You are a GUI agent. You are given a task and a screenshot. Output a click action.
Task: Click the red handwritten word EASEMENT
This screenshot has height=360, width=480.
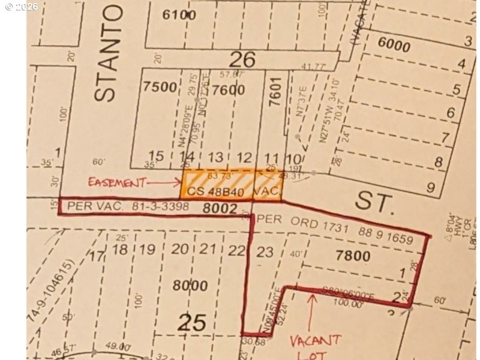[x=117, y=181]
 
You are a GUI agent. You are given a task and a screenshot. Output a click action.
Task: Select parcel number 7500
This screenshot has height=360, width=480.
[x=160, y=87]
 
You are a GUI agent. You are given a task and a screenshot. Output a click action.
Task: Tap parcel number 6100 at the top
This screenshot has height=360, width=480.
[x=179, y=15]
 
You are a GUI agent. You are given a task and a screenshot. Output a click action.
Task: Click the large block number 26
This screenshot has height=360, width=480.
[x=242, y=59]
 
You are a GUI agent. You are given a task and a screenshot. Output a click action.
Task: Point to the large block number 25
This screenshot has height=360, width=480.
[x=193, y=323]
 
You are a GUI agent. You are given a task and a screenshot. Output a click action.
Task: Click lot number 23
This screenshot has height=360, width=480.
[x=265, y=251]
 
